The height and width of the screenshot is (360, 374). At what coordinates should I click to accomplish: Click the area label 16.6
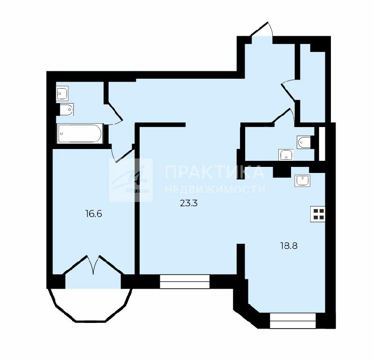coord(94,214)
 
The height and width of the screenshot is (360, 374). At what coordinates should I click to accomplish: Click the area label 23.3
coord(189,203)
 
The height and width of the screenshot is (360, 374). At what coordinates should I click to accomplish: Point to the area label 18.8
coord(289,246)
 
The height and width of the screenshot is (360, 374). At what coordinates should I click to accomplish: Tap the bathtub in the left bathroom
coord(80,134)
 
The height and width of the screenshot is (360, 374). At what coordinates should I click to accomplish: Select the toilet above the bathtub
coord(66,110)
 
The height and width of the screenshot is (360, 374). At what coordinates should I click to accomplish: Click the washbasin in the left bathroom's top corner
coord(62,93)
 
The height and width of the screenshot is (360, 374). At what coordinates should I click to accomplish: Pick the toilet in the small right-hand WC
coord(304,142)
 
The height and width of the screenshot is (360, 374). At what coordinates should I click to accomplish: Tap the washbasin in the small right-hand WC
coord(286,155)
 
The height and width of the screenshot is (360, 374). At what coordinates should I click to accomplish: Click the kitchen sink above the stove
coord(302,180)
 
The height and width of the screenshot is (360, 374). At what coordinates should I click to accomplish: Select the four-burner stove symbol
coord(318,214)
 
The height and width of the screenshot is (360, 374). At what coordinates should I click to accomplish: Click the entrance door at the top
coord(262,31)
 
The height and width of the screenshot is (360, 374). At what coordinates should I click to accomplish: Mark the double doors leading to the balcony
coord(93,265)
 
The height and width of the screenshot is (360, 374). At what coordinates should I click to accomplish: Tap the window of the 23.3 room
coord(185,282)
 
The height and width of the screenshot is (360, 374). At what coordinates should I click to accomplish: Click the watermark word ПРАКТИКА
coord(215,172)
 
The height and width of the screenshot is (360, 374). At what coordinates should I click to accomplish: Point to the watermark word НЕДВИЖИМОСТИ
coord(215,189)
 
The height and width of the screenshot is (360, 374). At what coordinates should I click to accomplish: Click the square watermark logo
coord(131,180)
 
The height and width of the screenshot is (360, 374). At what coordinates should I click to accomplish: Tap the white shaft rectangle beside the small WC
coord(322,143)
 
